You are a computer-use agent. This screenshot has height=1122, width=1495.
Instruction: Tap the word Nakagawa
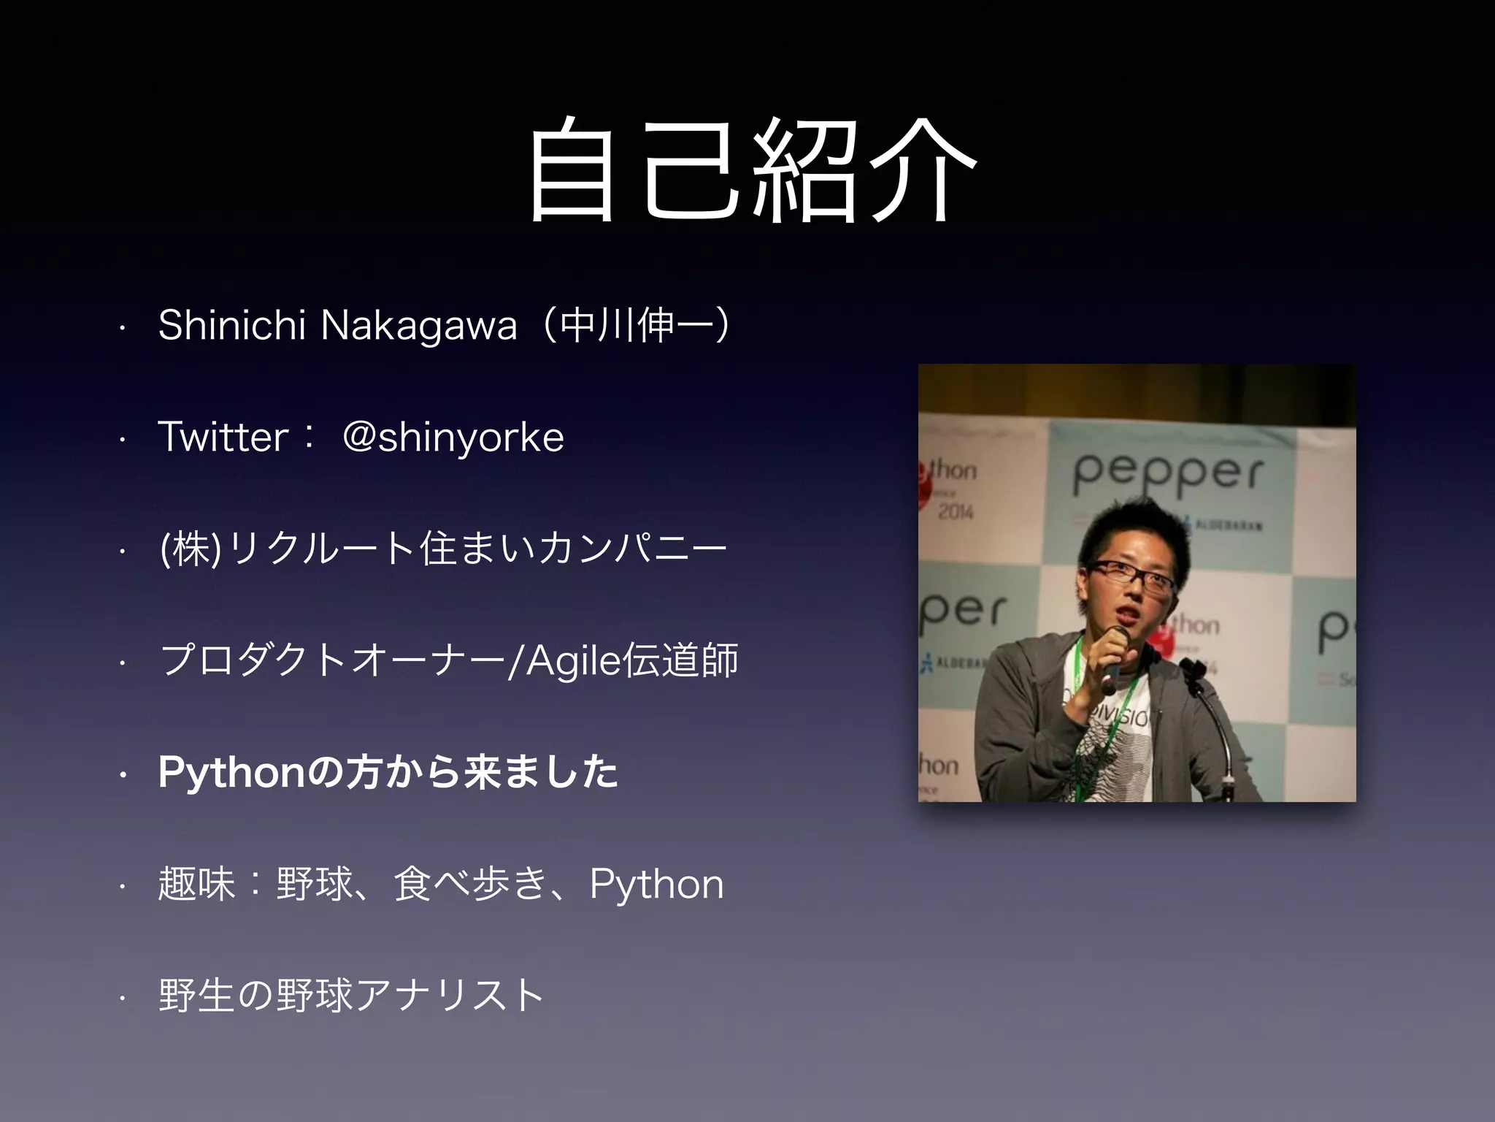pos(419,326)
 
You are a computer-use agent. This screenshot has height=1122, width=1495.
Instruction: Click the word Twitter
pos(223,437)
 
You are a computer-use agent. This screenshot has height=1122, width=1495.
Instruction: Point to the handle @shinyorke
pos(453,437)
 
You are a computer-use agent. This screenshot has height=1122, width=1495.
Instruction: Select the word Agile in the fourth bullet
pos(573,661)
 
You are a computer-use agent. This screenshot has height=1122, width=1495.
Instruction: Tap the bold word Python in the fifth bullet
pos(231,773)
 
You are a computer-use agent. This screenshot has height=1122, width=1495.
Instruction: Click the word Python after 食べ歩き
pos(656,885)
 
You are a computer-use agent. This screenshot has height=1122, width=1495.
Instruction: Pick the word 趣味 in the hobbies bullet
pos(196,885)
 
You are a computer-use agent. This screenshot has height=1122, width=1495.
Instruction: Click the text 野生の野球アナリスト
pos(350,996)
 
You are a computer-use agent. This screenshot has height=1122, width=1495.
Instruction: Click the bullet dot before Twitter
pos(123,439)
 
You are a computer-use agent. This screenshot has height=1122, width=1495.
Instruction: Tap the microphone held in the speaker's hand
pos(1112,657)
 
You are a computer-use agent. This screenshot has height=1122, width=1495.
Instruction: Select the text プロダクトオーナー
pos(332,661)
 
